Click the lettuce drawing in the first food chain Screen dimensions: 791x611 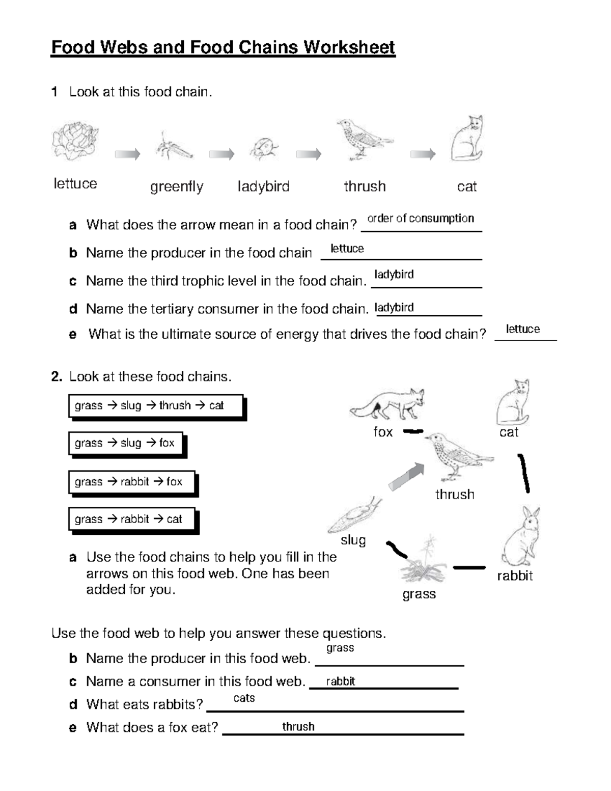pyautogui.click(x=75, y=141)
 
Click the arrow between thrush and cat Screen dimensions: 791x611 pyautogui.click(x=423, y=154)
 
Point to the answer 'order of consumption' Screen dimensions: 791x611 pyautogui.click(x=421, y=219)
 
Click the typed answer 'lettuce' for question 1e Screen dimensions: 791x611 pyautogui.click(x=523, y=329)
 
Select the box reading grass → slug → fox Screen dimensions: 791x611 pyautogui.click(x=125, y=443)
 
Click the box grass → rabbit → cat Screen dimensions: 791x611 pyautogui.click(x=131, y=519)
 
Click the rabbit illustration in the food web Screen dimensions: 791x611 pyautogui.click(x=520, y=537)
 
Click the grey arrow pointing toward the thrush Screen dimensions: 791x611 pyautogui.click(x=406, y=476)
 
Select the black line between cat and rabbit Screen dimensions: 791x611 pyautogui.click(x=524, y=473)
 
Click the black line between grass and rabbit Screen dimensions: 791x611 pyautogui.click(x=469, y=567)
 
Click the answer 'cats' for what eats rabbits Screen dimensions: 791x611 pyautogui.click(x=244, y=698)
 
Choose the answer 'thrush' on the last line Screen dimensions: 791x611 pyautogui.click(x=298, y=727)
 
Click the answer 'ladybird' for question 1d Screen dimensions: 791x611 pyautogui.click(x=394, y=308)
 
